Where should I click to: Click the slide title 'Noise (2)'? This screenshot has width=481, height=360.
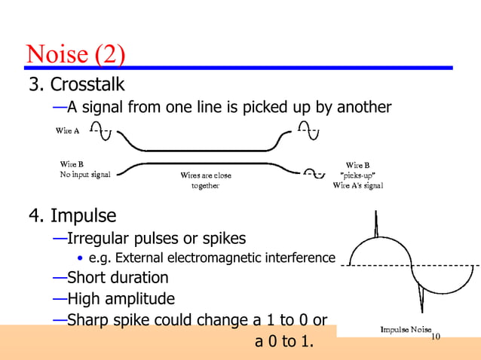click(75, 53)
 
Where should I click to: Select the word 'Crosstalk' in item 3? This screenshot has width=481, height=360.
click(87, 83)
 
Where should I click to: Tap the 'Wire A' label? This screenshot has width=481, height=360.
click(68, 131)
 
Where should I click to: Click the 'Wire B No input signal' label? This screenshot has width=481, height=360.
click(84, 169)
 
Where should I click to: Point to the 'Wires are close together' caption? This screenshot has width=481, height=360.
click(205, 181)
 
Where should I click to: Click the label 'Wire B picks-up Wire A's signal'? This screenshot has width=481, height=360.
click(357, 175)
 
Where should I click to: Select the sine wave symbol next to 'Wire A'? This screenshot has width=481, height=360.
click(100, 130)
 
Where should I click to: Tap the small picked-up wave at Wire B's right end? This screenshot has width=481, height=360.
click(314, 175)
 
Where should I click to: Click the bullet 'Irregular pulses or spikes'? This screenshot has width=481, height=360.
click(156, 239)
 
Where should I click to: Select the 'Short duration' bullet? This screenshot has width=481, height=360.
click(118, 278)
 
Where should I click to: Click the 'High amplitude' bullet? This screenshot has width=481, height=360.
click(121, 299)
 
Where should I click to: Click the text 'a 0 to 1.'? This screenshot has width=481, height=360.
click(283, 342)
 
